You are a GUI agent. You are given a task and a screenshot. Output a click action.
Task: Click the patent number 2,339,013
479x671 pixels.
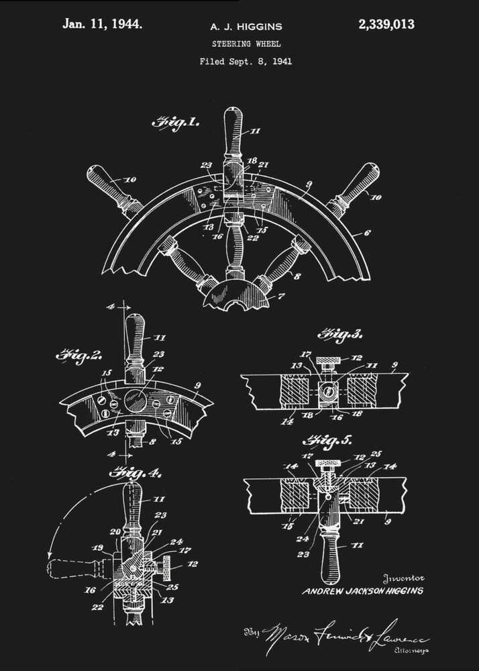tap(386, 25)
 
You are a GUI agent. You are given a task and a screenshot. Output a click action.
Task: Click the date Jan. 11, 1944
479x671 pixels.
tap(102, 24)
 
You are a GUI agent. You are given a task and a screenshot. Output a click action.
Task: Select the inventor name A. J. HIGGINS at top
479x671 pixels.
tap(246, 27)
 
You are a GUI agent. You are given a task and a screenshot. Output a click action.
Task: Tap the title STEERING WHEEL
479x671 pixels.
tap(246, 44)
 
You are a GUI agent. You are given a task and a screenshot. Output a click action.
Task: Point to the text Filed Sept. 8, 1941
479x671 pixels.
tap(246, 62)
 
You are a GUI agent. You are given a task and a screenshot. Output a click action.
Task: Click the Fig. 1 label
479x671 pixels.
tap(175, 122)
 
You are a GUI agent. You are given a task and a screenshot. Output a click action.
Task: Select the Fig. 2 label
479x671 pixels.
tap(78, 356)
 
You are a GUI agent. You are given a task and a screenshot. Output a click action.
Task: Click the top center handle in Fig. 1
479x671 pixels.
tap(233, 131)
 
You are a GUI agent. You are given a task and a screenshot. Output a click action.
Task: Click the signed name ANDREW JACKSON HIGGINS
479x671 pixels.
tap(363, 591)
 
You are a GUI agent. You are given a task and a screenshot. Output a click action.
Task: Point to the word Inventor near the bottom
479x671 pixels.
tap(403, 578)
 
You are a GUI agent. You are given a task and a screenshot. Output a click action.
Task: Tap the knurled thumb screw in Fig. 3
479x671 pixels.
tap(327, 363)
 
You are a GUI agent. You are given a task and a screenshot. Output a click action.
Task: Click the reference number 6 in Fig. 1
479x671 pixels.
tap(367, 233)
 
